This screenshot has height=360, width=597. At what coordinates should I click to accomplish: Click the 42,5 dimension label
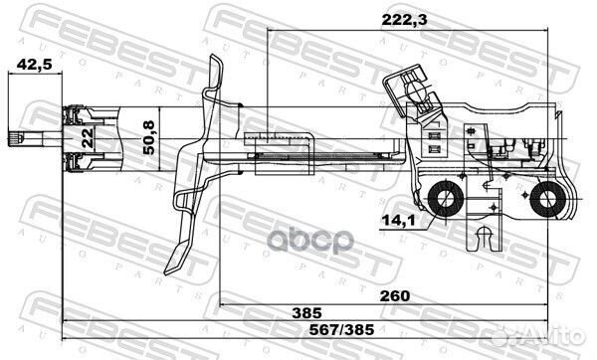tap(25, 67)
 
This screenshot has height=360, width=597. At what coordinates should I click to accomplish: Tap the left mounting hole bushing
tap(446, 199)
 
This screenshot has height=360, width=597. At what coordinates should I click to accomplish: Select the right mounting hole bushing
tap(545, 202)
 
